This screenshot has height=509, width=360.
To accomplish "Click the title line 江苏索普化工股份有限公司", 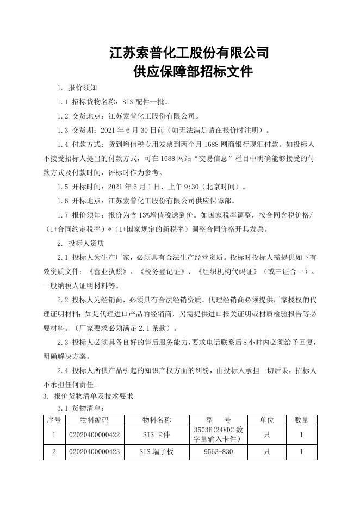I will [189, 53].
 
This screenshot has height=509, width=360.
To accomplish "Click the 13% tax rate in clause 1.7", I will [153, 215].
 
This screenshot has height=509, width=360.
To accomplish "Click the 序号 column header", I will [54, 420].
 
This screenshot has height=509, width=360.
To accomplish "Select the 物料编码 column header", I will [94, 420].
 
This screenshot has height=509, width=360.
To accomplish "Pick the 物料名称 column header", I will [157, 420].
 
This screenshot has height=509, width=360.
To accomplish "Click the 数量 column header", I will [301, 420].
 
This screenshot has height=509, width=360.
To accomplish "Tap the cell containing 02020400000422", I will [94, 435].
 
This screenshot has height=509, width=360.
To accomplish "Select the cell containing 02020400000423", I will [94, 452].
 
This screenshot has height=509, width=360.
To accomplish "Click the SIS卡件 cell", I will [157, 435].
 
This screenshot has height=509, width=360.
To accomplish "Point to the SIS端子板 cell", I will [157, 452].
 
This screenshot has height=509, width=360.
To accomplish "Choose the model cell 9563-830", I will [218, 452].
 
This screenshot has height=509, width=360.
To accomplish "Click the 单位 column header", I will [266, 420].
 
